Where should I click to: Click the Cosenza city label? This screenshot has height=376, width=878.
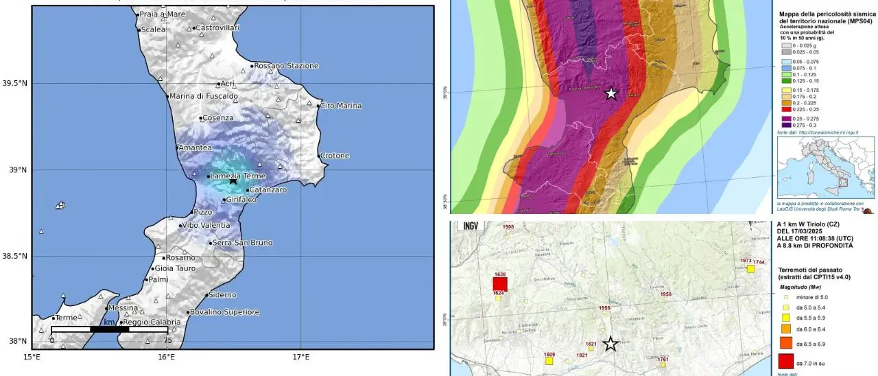(x=217, y=118)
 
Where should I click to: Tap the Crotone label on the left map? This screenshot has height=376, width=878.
(x=335, y=156)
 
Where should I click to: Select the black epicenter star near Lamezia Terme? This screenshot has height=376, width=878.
(x=233, y=180)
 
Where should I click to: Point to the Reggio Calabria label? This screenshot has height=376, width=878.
(x=152, y=322)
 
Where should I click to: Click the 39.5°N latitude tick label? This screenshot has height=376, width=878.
(x=14, y=84)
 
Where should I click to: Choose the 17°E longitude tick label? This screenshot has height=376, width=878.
(x=301, y=357)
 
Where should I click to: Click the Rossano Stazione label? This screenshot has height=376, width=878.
(x=286, y=66)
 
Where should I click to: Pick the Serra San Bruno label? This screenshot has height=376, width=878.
(x=242, y=243)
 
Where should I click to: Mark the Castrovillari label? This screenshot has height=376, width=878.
(x=217, y=28)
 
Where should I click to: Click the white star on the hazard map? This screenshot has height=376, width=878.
(x=611, y=93)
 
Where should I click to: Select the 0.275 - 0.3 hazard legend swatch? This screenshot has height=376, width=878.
(x=781, y=124)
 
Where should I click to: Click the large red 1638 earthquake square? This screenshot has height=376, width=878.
(x=499, y=284)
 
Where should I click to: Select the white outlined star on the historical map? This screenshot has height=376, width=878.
(x=610, y=344)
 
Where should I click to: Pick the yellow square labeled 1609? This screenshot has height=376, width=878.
(x=549, y=360)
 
